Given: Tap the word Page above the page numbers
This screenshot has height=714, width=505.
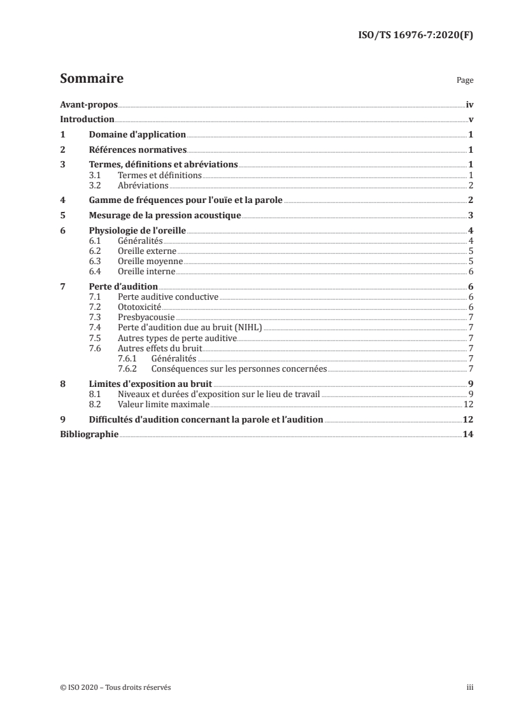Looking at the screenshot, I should point(465,81).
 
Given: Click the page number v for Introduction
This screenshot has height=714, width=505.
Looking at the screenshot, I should point(470,119).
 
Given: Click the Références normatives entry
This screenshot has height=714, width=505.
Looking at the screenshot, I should point(137,150).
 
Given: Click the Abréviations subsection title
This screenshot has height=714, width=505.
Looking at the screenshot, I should point(143,185).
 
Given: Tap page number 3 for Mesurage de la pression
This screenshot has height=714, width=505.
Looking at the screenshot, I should point(470,215).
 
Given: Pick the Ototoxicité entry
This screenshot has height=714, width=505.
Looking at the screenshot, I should point(139,307).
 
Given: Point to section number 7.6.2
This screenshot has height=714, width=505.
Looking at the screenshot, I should point(129,368).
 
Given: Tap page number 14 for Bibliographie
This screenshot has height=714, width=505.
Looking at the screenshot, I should point(467,435).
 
